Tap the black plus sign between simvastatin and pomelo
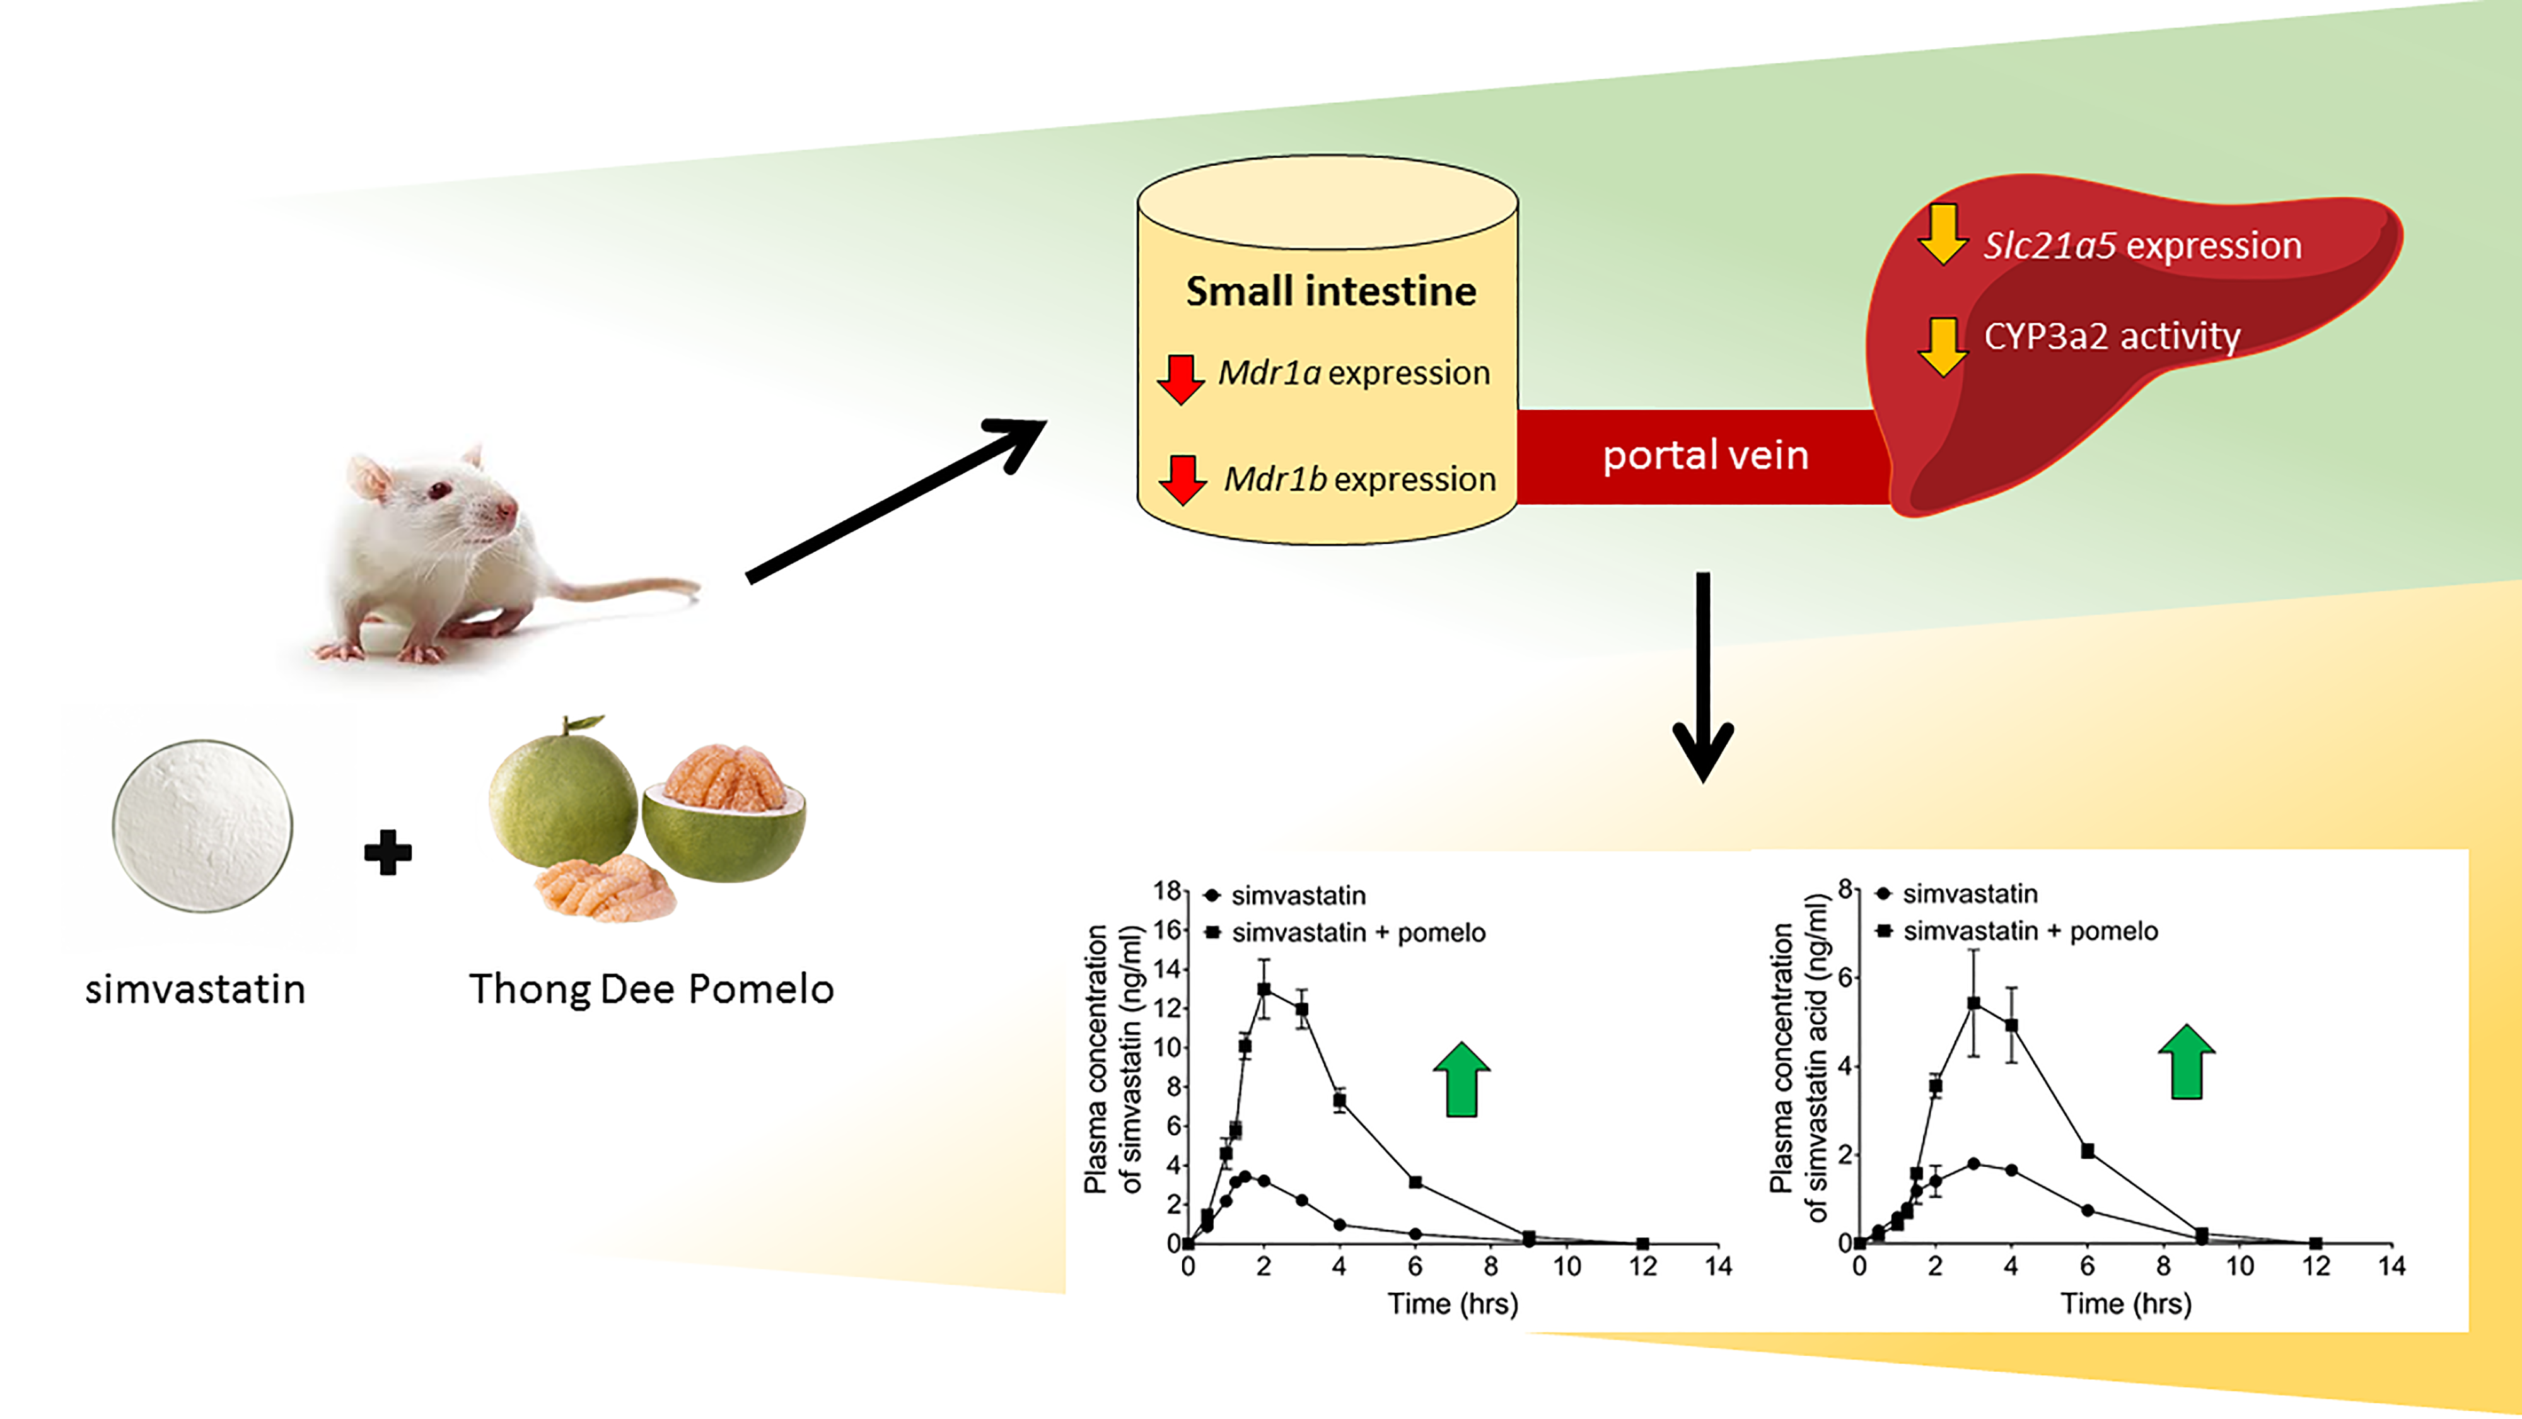point(388,852)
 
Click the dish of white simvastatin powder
point(202,826)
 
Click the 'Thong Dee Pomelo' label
point(651,989)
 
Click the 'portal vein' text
point(1704,455)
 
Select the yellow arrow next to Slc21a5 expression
point(1943,235)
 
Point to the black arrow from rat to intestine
point(896,499)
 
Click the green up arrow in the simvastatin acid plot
point(2186,1063)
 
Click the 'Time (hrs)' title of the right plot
point(2125,1304)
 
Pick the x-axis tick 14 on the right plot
point(2391,1266)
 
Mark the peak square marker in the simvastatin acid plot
point(1973,1004)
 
